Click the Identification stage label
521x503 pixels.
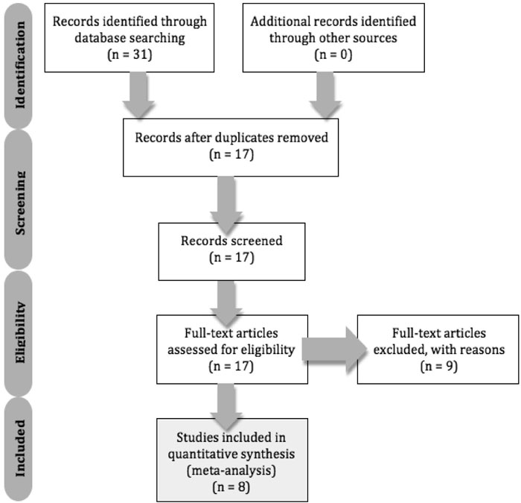[19, 66]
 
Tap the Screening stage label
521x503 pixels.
[20, 203]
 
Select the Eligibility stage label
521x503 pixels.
[20, 332]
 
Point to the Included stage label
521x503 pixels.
[20, 448]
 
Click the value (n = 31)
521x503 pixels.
[130, 54]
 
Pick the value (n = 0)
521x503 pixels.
[333, 54]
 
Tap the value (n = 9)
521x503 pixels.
[438, 366]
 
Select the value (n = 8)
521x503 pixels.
[231, 487]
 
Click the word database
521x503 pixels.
[100, 37]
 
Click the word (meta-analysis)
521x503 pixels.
[231, 470]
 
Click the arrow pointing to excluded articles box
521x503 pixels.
[334, 349]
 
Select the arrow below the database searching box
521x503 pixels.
[138, 95]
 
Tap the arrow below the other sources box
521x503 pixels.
[325, 95]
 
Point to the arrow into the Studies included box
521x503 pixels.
[226, 407]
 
